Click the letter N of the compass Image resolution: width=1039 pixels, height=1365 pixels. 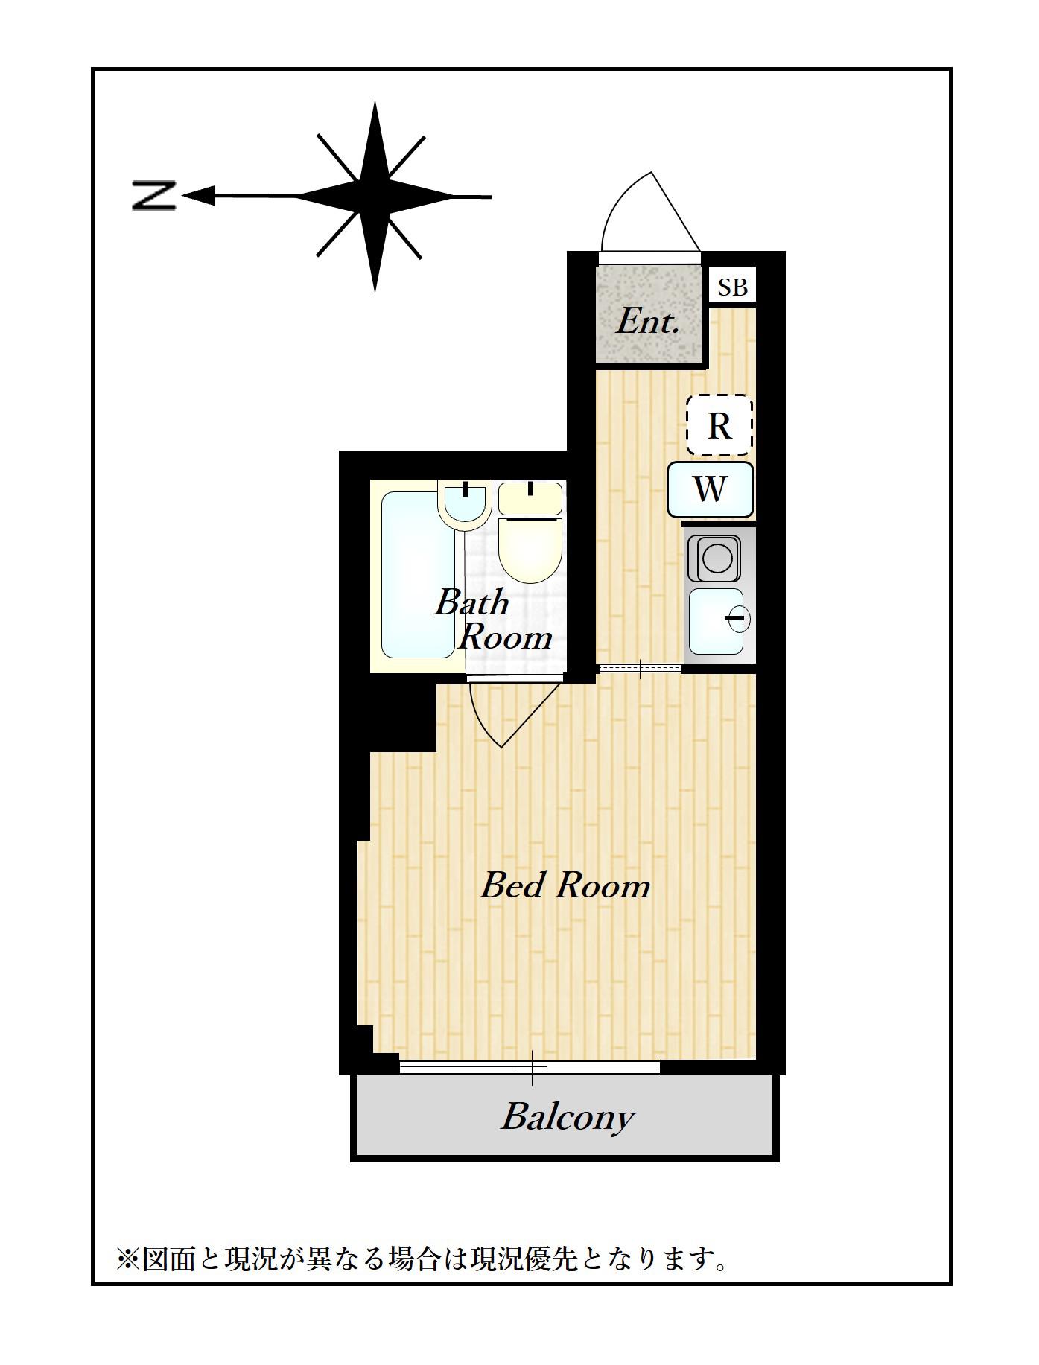(153, 196)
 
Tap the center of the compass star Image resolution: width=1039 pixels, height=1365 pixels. (375, 197)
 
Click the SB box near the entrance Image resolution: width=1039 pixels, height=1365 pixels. (732, 287)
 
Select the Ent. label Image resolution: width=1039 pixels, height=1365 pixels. (647, 322)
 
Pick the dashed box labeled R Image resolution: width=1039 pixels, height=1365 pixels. (719, 425)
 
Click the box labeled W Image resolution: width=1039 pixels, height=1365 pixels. (710, 489)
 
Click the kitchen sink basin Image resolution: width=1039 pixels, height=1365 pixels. (717, 621)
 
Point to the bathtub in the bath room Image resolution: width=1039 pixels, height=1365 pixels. (419, 575)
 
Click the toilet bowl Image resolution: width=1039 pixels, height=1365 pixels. (530, 550)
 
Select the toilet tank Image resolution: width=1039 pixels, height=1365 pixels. (530, 498)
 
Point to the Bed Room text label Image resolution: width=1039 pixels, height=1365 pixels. (565, 885)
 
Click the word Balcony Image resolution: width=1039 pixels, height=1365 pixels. (568, 1117)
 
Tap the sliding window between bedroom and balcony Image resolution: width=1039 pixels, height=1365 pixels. (530, 1067)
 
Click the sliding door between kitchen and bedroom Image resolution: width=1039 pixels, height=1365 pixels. (641, 668)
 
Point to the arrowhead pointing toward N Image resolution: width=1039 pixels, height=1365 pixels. (198, 196)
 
